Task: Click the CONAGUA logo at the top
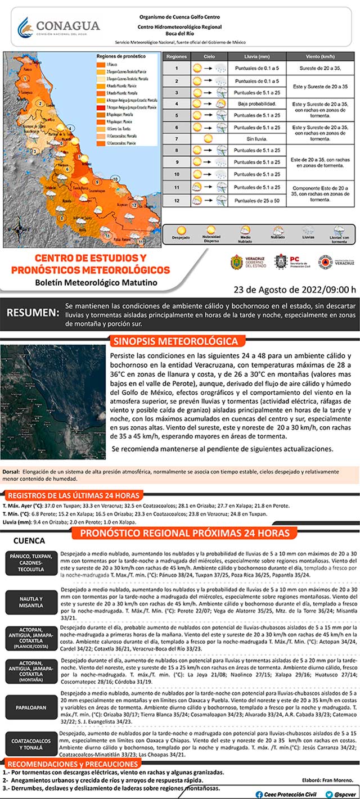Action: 58,26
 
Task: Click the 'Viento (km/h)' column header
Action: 321,57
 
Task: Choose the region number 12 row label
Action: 176,200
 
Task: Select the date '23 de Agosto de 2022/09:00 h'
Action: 295,290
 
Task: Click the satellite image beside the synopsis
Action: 53,401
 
